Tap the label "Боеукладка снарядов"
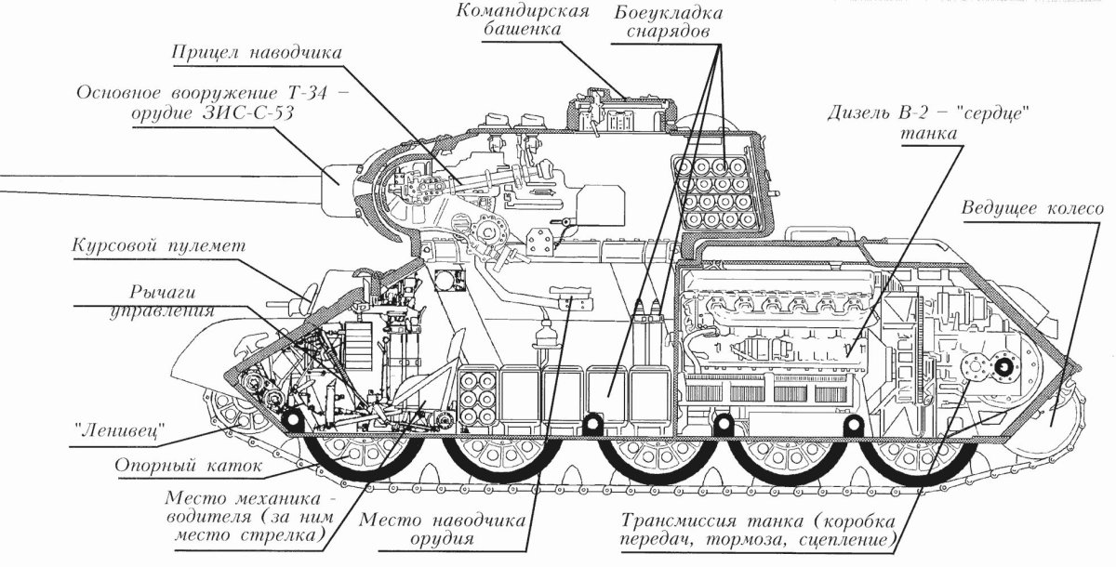click(667, 21)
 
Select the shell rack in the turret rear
click(717, 192)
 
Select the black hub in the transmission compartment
click(1003, 368)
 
